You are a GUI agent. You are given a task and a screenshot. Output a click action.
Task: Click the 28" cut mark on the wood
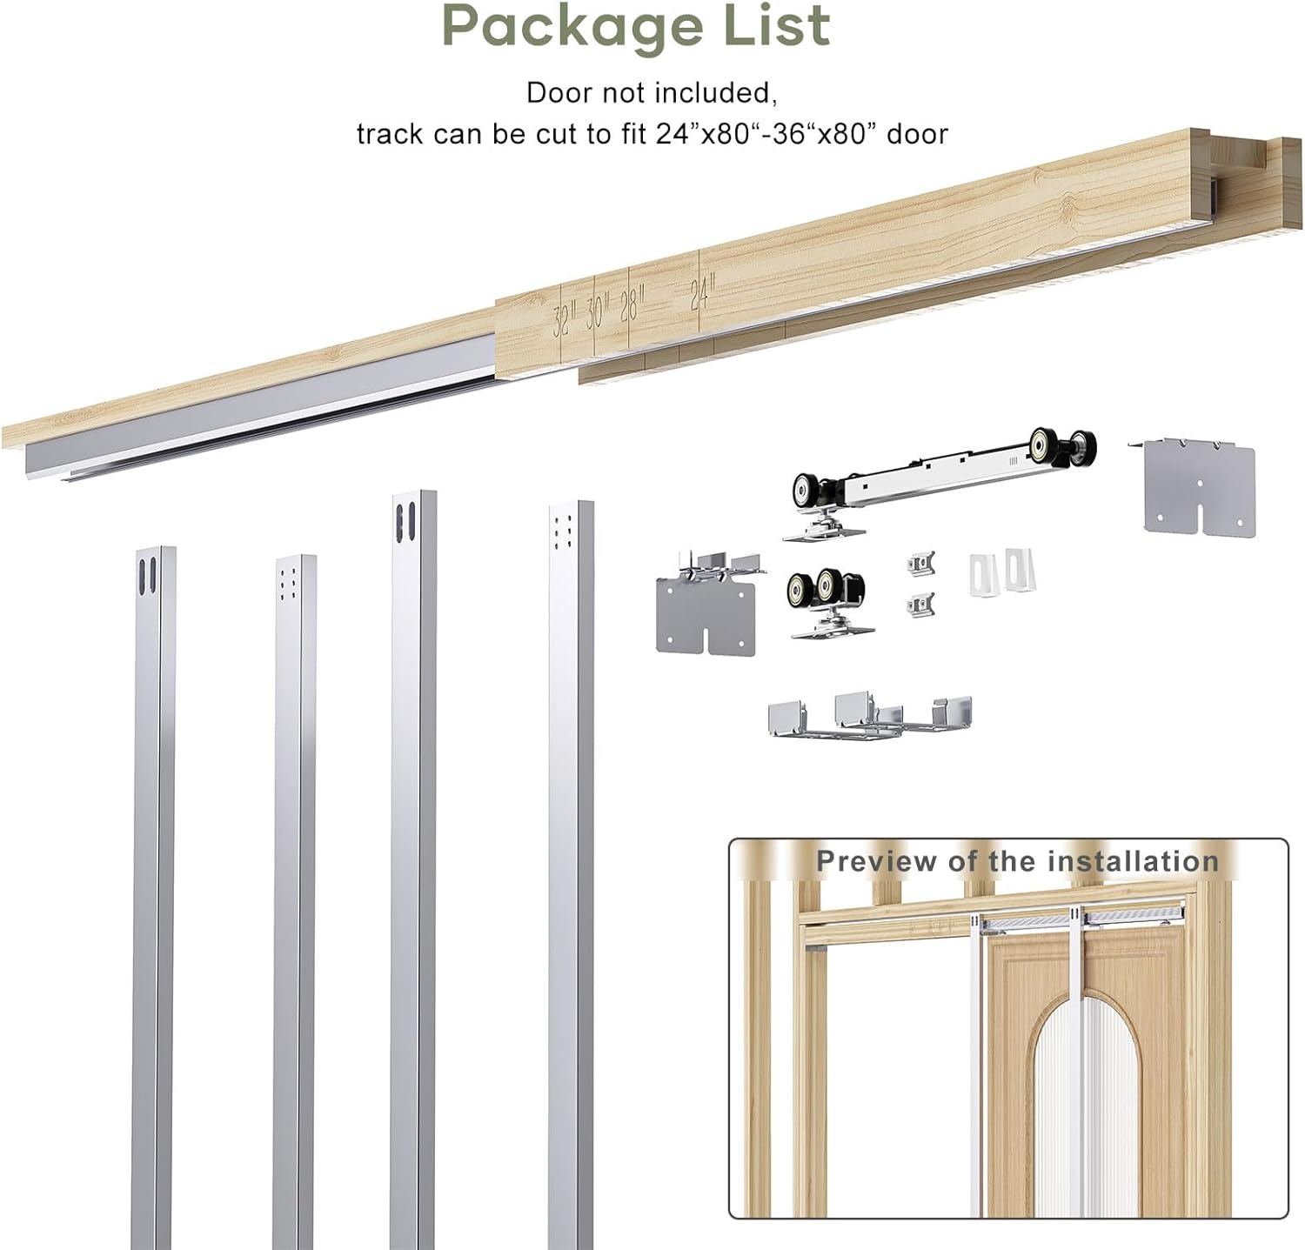631,305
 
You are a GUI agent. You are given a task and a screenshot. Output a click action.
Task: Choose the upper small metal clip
920,564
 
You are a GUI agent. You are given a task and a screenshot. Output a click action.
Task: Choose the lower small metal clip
920,604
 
